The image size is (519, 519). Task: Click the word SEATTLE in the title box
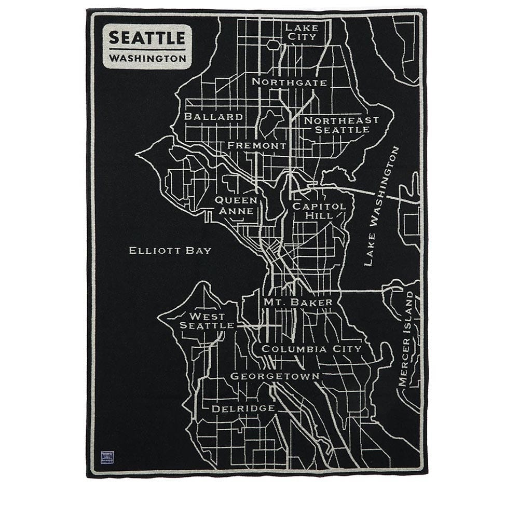coord(147,37)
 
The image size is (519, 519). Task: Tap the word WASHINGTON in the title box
coord(147,59)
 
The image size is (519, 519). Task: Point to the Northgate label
coord(290,82)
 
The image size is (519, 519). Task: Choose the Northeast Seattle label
coord(341,125)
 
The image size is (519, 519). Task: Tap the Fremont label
coord(257,146)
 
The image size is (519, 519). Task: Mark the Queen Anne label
coord(236,206)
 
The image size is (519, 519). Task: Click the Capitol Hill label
coord(319,211)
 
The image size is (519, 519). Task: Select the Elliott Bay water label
coord(170,251)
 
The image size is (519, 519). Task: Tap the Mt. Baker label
coord(298,302)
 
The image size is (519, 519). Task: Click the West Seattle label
coord(207,321)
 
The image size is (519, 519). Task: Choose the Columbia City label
coord(311,349)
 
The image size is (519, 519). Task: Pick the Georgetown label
coord(275,376)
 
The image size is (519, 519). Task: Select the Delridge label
coord(243,408)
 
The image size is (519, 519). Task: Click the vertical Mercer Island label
coord(408,338)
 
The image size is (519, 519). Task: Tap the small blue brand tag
coord(107,457)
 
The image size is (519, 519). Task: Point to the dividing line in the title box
coord(147,49)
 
